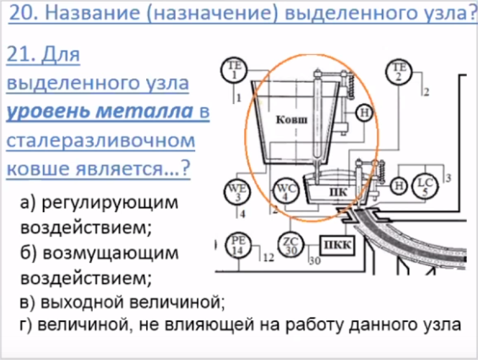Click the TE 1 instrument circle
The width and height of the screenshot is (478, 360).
(x=234, y=70)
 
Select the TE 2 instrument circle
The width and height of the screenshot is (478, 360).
(x=399, y=72)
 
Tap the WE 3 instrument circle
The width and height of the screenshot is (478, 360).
(x=237, y=192)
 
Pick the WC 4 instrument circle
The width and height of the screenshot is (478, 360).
(x=285, y=192)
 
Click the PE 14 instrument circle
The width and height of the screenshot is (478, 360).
(x=238, y=245)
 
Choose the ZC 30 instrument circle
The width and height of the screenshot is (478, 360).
(x=291, y=245)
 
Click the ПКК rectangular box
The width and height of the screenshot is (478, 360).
(x=337, y=245)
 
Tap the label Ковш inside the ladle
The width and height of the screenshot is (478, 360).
(x=291, y=120)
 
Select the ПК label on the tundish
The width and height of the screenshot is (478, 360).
(x=338, y=192)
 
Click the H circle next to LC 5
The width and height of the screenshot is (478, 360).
(x=399, y=185)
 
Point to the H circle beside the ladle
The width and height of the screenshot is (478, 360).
(x=365, y=113)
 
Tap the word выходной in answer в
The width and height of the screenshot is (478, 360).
(x=82, y=302)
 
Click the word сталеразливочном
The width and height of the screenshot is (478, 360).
(x=100, y=140)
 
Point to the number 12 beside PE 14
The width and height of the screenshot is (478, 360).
(x=269, y=258)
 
